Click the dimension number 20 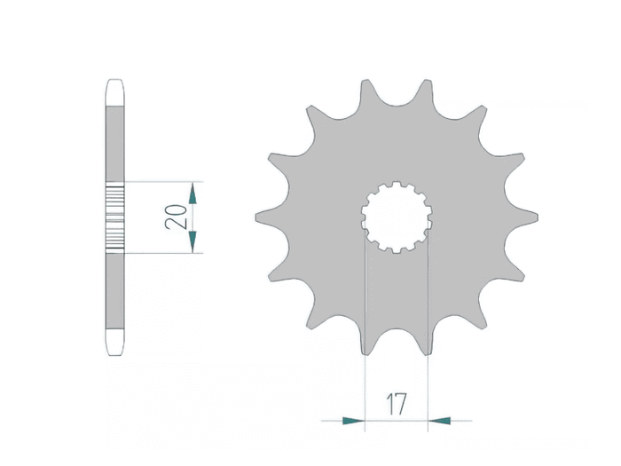click(x=177, y=217)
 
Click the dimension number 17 click(x=397, y=404)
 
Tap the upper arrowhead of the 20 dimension click(x=193, y=193)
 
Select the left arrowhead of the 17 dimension click(x=353, y=421)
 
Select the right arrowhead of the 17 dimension click(x=440, y=421)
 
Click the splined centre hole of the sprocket click(x=397, y=217)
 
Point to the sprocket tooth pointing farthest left click(x=270, y=217)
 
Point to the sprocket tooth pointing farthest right click(x=523, y=217)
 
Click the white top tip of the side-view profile click(x=114, y=92)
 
